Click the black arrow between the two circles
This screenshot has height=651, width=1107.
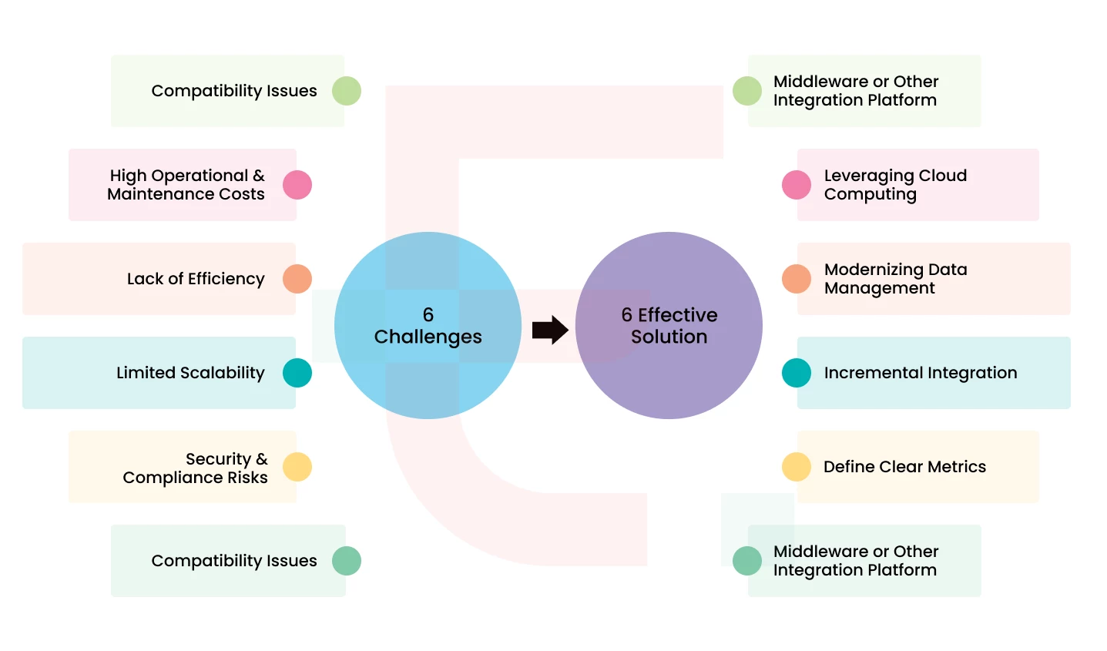pyautogui.click(x=550, y=330)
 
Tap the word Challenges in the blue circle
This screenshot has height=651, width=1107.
pyautogui.click(x=428, y=337)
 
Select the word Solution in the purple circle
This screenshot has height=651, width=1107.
pyautogui.click(x=669, y=337)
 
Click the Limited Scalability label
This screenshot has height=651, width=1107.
pyautogui.click(x=190, y=373)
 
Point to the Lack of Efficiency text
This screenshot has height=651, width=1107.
pyautogui.click(x=196, y=279)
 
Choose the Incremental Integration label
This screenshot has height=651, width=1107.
pyautogui.click(x=920, y=373)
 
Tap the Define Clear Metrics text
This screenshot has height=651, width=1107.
pyautogui.click(x=904, y=467)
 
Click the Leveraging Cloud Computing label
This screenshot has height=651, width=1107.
pyautogui.click(x=894, y=185)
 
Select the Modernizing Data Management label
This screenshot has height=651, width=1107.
pyautogui.click(x=894, y=279)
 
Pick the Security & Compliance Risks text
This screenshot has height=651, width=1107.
pyautogui.click(x=196, y=468)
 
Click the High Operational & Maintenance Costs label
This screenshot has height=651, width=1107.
pyautogui.click(x=186, y=185)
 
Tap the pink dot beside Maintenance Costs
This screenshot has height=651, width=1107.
pyautogui.click(x=297, y=185)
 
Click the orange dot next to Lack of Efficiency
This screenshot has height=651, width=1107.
pyautogui.click(x=297, y=279)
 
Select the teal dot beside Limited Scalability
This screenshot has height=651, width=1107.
pyautogui.click(x=297, y=373)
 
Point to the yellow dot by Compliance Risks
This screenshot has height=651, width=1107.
pyautogui.click(x=297, y=467)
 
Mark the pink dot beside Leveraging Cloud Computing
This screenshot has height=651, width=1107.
pyautogui.click(x=797, y=185)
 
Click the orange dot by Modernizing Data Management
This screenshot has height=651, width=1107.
pyautogui.click(x=797, y=279)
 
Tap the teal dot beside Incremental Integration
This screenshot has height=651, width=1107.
pyautogui.click(x=797, y=373)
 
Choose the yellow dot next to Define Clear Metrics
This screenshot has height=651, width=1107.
pyautogui.click(x=797, y=467)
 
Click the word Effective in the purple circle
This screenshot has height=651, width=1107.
pyautogui.click(x=677, y=315)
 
